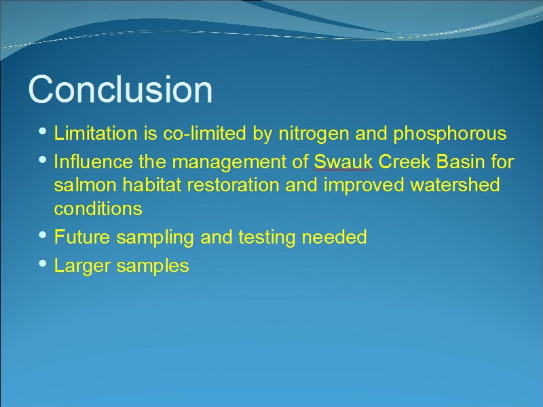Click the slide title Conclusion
coord(120,90)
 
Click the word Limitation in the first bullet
coord(96,133)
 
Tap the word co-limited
coord(205,133)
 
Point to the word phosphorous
coord(450,134)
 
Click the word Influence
coord(93,161)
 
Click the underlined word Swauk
coord(343,162)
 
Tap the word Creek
coord(404,161)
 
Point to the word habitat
coord(151,185)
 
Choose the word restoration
coord(233,185)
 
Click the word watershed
coord(455,185)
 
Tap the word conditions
coord(98,208)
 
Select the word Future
coord(82,237)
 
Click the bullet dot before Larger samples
coord(43,264)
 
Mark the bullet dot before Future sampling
coord(43,235)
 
